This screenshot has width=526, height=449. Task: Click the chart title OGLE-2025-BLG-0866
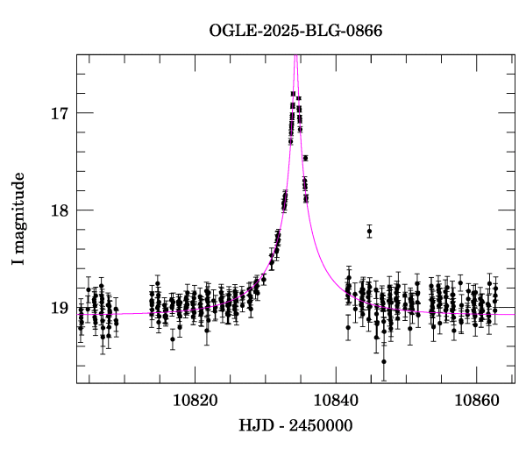point(295,31)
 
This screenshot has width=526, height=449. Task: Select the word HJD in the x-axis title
point(256,426)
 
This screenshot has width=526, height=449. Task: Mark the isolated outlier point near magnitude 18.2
point(369,232)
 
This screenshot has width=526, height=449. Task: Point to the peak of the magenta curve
point(295,55)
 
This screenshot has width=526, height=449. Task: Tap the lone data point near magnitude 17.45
point(305,158)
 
